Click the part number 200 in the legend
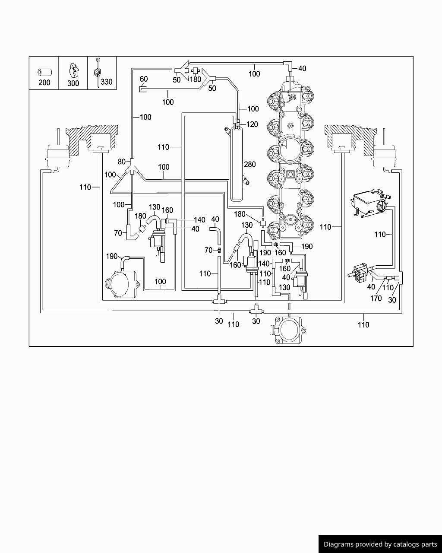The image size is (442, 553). coord(44,82)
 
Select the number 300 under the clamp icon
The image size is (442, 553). coord(73,83)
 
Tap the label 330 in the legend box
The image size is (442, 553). coord(107,81)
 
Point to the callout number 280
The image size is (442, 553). coord(250,164)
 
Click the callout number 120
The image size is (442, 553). coord(252,124)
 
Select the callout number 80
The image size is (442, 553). coord(122,162)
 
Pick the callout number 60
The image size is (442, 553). coord(144,79)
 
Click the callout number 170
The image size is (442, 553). coord(376,298)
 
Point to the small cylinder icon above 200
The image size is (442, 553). coord(44,72)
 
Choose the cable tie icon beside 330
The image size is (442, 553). coord(98,72)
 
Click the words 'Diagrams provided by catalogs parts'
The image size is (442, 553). coord(380,544)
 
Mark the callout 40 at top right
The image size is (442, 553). coord(302,68)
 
